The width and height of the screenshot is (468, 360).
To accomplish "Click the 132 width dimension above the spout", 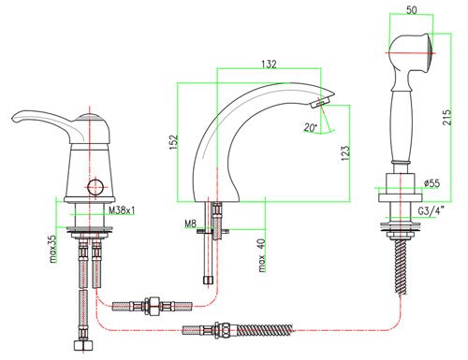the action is tap(269, 64).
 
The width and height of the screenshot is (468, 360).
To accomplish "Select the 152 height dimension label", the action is tap(173, 142).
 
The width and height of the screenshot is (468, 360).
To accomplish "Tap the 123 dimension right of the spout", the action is tap(345, 153).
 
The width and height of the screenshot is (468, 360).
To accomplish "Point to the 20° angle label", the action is tap(311, 127).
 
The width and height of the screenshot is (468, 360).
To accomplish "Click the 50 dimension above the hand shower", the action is tap(412, 10).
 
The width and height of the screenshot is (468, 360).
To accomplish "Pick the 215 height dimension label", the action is tap(446, 117).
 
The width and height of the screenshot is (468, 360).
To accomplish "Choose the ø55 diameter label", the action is tap(431, 183).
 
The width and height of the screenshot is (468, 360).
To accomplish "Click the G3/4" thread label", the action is tap(431, 211).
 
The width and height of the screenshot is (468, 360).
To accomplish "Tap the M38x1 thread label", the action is tap(122, 210).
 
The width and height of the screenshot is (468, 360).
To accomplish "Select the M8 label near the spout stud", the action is tap(190, 223).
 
